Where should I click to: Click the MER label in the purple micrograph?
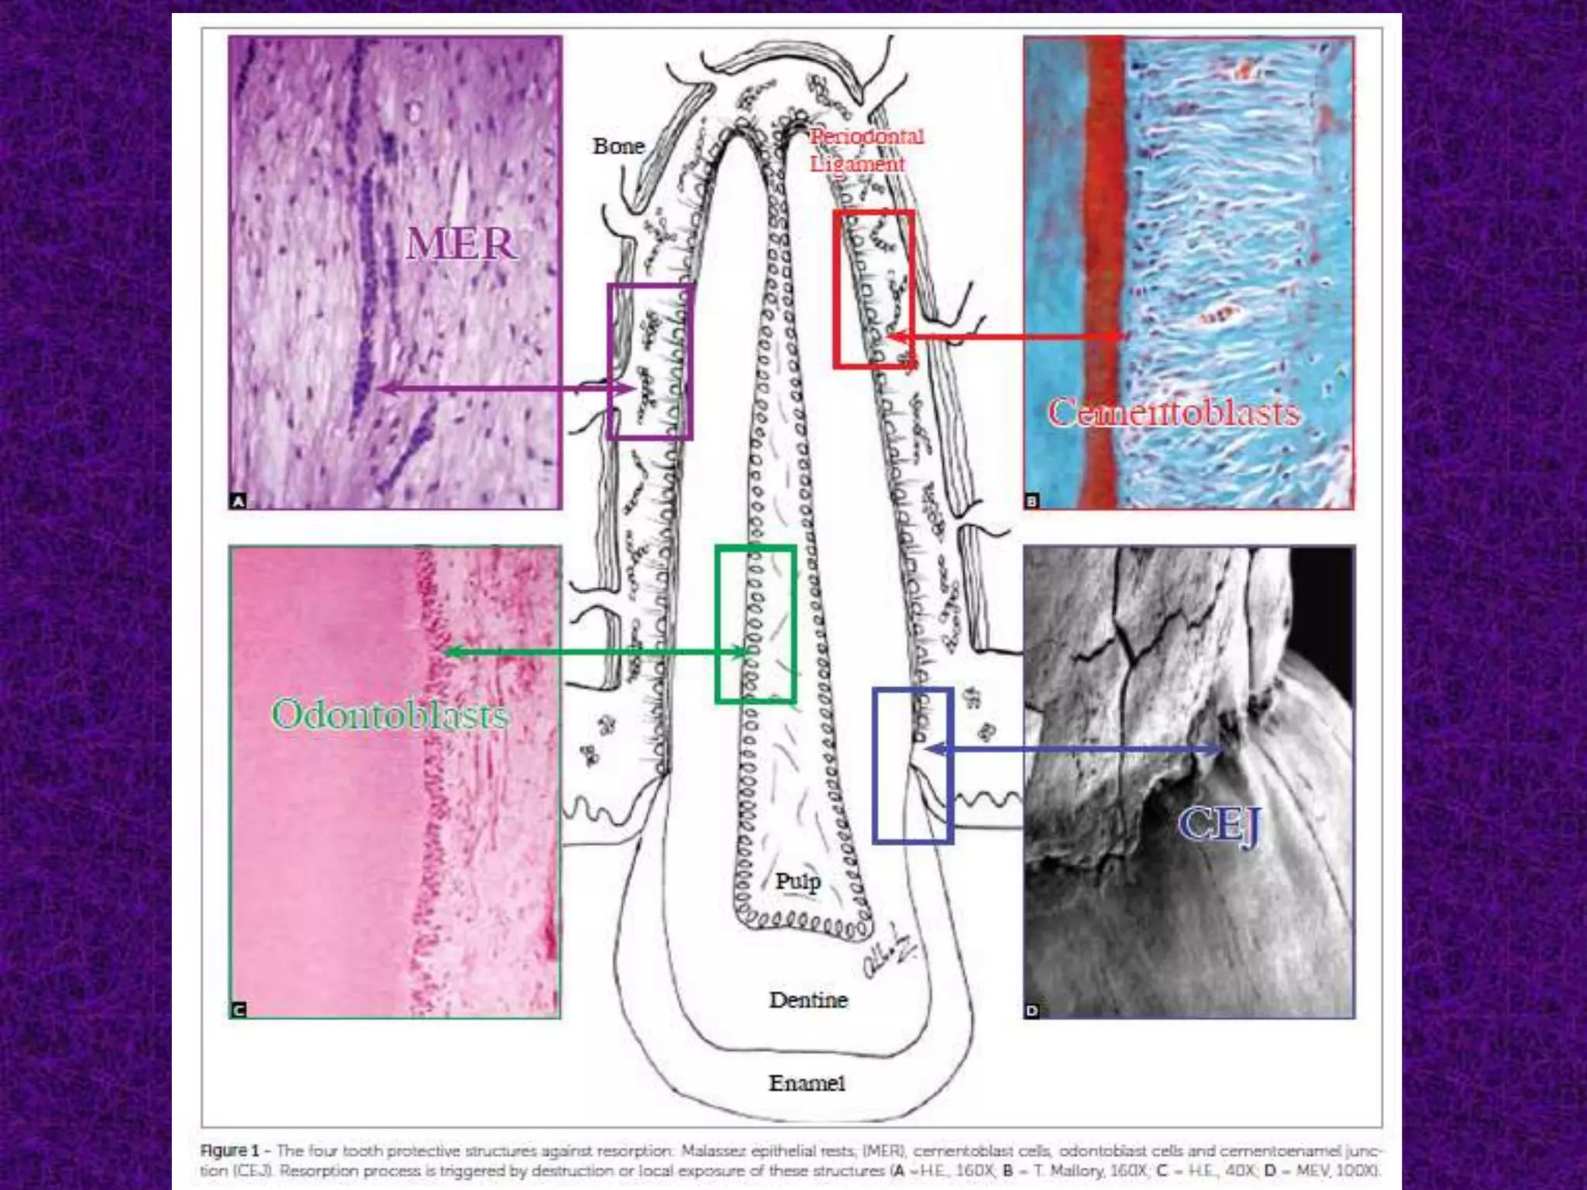(461, 244)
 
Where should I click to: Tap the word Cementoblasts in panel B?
(1173, 412)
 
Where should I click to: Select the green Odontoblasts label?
(390, 714)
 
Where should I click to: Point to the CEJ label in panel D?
(1220, 824)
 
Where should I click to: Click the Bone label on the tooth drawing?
(618, 146)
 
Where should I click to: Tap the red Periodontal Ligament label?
(865, 150)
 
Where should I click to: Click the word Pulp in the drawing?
(797, 882)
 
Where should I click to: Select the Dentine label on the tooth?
(807, 999)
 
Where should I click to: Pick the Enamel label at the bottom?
(806, 1082)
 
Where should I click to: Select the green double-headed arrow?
(597, 652)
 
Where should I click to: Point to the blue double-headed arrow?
(1074, 749)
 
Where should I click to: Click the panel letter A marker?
(239, 501)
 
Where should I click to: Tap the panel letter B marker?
(1032, 501)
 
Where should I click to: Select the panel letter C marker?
(239, 1009)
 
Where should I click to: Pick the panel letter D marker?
(1032, 1010)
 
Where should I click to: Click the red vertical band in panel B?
(1105, 271)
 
